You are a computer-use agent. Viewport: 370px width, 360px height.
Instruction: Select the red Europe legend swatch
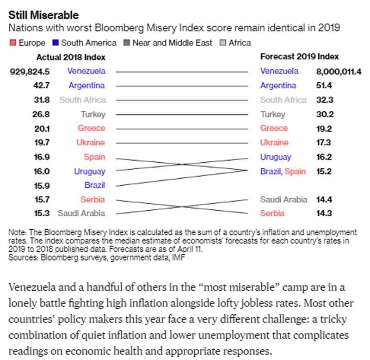click(x=13, y=43)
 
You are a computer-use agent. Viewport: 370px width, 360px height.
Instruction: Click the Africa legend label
click(x=240, y=43)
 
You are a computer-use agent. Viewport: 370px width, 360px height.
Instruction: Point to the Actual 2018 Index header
click(x=71, y=57)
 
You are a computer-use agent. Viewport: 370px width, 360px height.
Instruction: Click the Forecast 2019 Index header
click(x=299, y=57)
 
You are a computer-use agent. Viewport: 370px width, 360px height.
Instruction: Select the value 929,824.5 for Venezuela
click(x=30, y=71)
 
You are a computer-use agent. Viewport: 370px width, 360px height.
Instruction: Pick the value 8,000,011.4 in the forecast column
click(x=339, y=71)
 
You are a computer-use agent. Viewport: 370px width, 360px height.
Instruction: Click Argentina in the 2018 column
click(x=86, y=85)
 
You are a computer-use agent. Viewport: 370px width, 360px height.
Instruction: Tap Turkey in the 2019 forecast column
click(x=272, y=114)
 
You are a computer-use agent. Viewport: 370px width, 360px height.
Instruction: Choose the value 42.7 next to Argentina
click(x=42, y=85)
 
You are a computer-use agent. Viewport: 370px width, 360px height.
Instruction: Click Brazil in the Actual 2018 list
click(x=94, y=185)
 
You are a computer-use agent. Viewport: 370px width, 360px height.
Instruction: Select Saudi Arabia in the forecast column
click(x=284, y=200)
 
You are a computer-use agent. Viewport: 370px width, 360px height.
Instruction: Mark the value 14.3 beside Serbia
click(x=324, y=214)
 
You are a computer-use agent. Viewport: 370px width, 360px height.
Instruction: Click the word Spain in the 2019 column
click(x=295, y=171)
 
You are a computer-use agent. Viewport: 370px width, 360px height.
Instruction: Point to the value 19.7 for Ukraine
click(x=42, y=143)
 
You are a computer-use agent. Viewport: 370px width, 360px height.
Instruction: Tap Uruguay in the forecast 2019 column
click(x=275, y=157)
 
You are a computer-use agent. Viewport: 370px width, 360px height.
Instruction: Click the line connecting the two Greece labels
click(x=181, y=128)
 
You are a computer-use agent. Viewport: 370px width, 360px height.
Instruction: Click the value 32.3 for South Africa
click(x=324, y=100)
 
